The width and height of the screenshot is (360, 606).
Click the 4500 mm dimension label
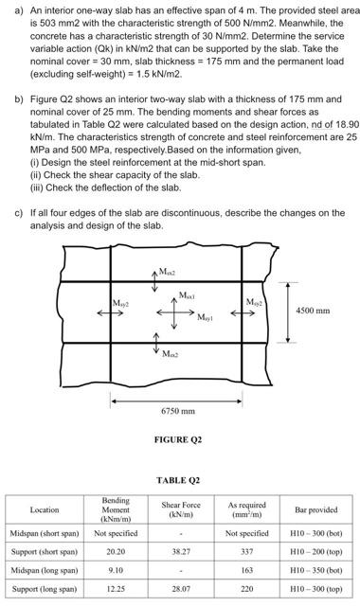tap(317, 310)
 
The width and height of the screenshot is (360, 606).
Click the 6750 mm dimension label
tap(177, 411)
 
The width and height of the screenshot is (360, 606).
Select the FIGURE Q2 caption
tap(177, 439)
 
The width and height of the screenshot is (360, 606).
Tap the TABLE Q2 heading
tap(177, 480)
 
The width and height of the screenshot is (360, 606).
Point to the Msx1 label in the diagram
tap(187, 297)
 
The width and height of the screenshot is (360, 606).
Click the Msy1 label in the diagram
tap(206, 319)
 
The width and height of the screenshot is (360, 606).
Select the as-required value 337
tap(248, 551)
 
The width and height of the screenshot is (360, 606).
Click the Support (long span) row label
tap(44, 588)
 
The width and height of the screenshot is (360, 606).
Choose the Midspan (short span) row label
tap(44, 533)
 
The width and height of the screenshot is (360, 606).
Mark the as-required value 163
tap(248, 570)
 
